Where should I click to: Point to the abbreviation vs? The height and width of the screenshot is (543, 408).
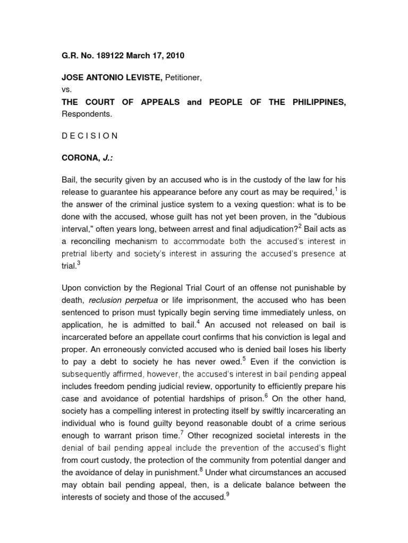coord(66,90)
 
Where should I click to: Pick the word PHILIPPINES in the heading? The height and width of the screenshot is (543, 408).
coord(313,102)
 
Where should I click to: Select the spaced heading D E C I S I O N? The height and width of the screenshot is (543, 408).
coord(90,135)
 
